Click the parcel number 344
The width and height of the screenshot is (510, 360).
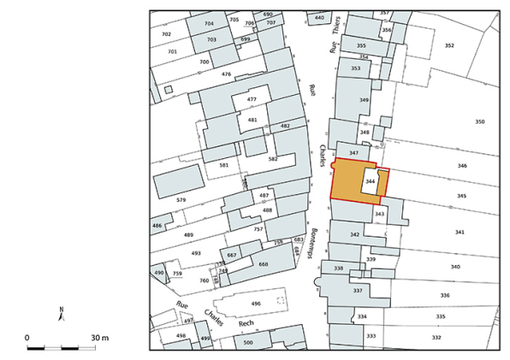tap(371, 182)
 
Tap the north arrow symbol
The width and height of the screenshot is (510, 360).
tap(61, 315)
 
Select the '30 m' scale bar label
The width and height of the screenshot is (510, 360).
tap(99, 338)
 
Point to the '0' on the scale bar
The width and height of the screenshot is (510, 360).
tap(27, 338)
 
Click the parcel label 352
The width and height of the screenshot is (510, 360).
tap(448, 45)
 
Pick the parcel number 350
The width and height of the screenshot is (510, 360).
tap(479, 122)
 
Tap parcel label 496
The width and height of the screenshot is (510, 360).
tap(255, 304)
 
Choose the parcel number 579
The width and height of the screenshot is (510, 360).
tap(181, 200)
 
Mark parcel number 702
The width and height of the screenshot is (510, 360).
tap(166, 34)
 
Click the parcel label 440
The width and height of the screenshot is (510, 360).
tap(319, 17)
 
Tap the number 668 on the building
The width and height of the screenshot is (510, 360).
tap(263, 264)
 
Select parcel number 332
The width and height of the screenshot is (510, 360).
tap(436, 338)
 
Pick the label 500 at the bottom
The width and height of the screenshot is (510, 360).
tap(248, 343)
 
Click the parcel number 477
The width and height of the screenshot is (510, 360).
tap(252, 100)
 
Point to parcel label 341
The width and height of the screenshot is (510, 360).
tap(460, 233)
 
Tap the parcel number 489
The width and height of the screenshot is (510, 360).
tap(188, 235)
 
